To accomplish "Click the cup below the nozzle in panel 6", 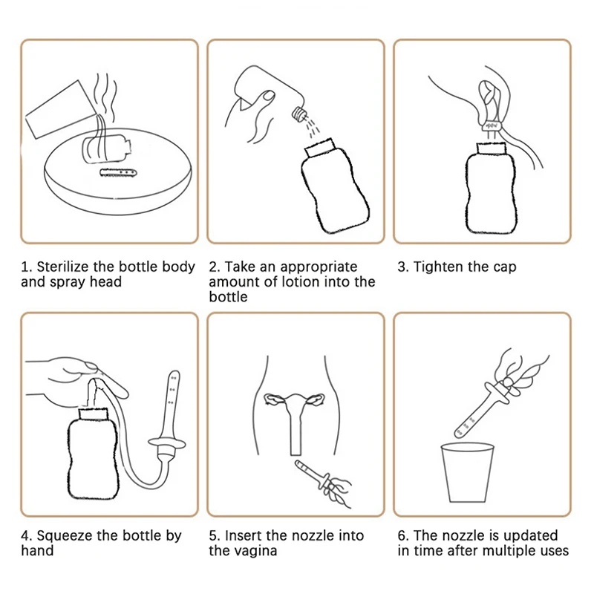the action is (468, 472).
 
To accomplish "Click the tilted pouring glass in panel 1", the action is (61, 110).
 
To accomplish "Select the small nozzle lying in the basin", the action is (118, 173).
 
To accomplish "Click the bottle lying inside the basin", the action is (106, 149).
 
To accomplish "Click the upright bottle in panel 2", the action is (336, 186).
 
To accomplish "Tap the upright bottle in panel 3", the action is (491, 188).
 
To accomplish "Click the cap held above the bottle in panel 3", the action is (492, 125).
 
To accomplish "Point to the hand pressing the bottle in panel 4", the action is (78, 381).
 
